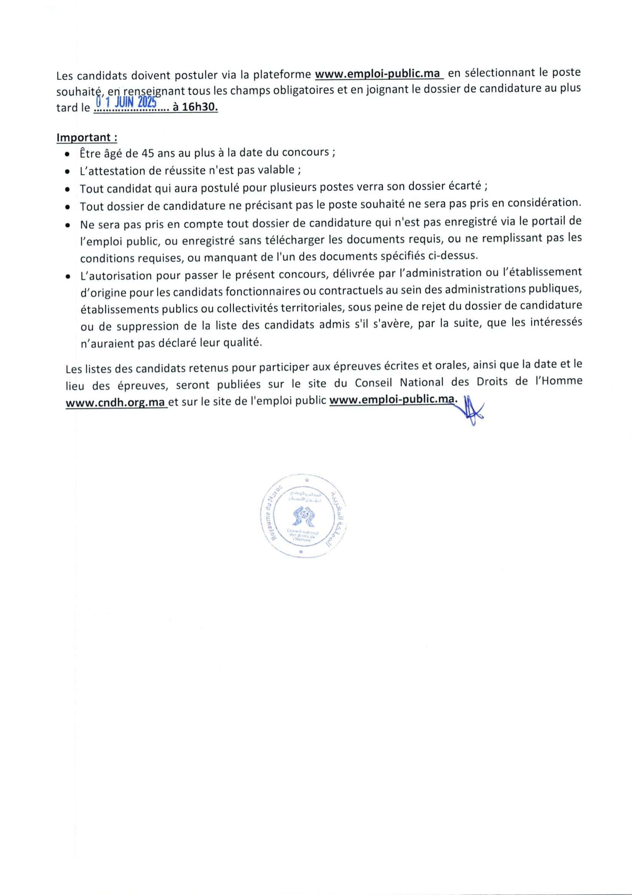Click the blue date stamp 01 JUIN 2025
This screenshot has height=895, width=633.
[127, 103]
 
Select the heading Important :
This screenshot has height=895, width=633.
[87, 137]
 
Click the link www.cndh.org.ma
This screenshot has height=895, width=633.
[116, 403]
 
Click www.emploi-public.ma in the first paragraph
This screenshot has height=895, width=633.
[378, 74]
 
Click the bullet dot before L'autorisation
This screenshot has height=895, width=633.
[68, 276]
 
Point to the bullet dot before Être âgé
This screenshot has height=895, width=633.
[68, 154]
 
